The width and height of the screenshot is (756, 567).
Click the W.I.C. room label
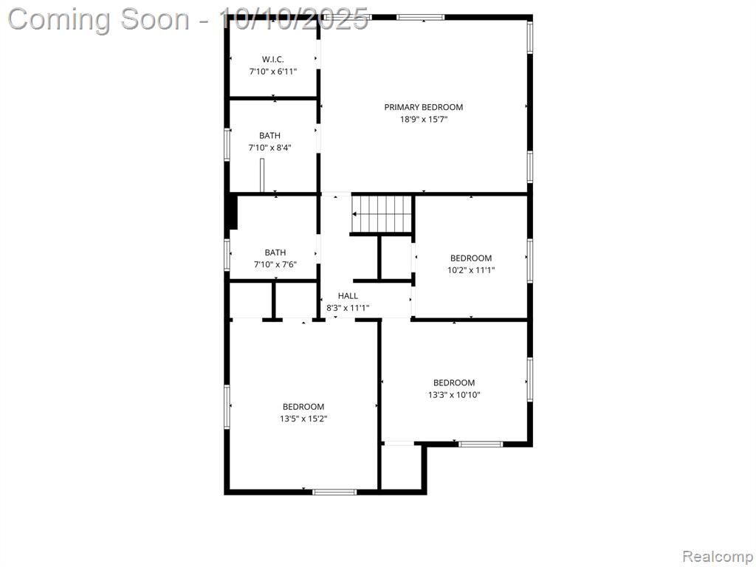pyautogui.click(x=273, y=59)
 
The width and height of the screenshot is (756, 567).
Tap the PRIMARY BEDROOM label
pyautogui.click(x=423, y=107)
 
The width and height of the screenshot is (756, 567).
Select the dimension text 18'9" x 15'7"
pyautogui.click(x=424, y=119)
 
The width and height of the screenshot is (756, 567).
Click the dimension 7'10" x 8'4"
pyautogui.click(x=269, y=148)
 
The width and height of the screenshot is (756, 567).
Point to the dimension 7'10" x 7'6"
pyautogui.click(x=275, y=264)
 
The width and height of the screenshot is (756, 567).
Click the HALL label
pyautogui.click(x=348, y=296)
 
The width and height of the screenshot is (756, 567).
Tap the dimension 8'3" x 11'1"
pyautogui.click(x=348, y=308)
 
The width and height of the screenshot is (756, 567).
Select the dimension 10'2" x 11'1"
pyautogui.click(x=471, y=270)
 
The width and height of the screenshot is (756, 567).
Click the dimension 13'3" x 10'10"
pyautogui.click(x=454, y=395)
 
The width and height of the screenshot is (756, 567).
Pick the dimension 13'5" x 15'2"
pyautogui.click(x=303, y=419)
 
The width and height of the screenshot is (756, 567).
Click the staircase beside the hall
pyautogui.click(x=382, y=213)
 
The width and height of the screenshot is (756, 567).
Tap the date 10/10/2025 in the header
pyautogui.click(x=293, y=20)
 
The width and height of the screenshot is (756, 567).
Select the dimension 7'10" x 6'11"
pyautogui.click(x=273, y=72)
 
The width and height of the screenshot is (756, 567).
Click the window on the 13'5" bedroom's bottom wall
pyautogui.click(x=334, y=492)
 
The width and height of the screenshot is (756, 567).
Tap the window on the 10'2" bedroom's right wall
pyautogui.click(x=530, y=261)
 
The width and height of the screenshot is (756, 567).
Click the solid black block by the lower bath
pyautogui.click(x=233, y=212)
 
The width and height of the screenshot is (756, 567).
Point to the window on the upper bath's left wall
pyautogui.click(x=227, y=144)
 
